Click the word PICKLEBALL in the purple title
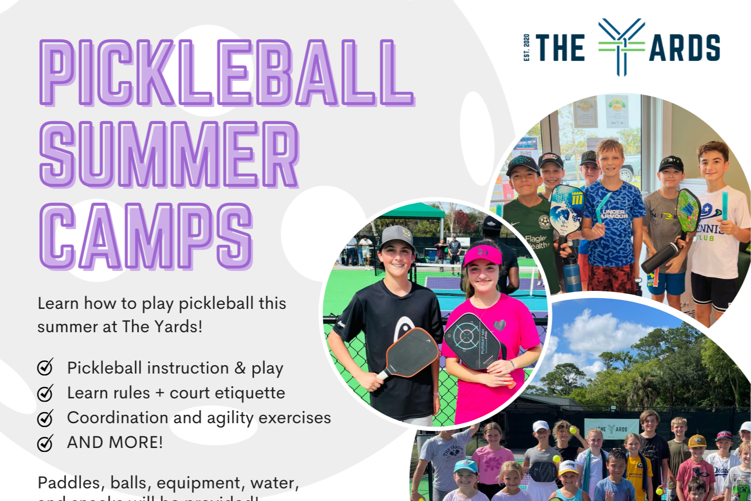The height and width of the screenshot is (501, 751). click(226, 73)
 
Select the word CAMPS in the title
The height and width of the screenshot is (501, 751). click(146, 236)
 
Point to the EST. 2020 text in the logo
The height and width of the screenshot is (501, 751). click(526, 48)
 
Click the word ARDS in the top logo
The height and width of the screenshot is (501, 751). click(684, 48)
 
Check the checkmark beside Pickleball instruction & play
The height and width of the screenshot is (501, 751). click(45, 367)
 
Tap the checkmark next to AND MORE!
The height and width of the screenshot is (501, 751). click(45, 443)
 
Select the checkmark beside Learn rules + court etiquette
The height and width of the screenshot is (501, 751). click(45, 393)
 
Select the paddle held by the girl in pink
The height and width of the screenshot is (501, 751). click(473, 340)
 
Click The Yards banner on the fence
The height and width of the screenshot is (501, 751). click(611, 429)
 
